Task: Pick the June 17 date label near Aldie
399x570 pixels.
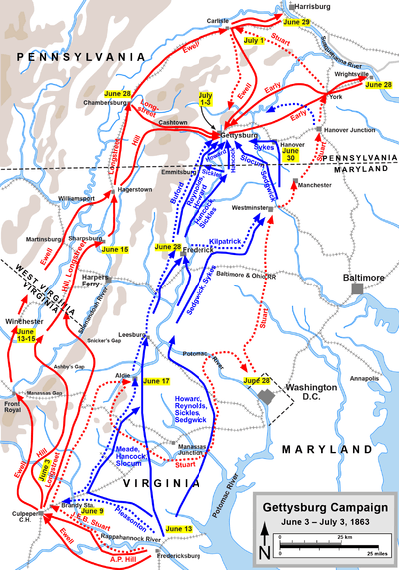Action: (x=156, y=380)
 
